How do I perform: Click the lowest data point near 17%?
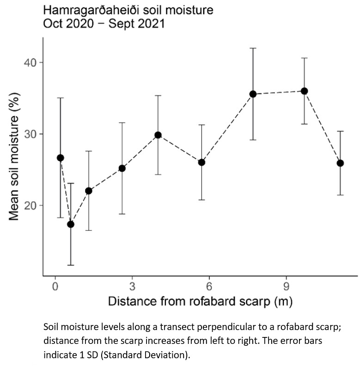click(71, 224)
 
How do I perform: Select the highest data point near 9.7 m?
click(304, 91)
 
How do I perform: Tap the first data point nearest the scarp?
click(60, 158)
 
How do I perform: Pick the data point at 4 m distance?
click(158, 135)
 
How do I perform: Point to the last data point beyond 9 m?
click(340, 163)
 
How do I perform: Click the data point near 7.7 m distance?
click(253, 94)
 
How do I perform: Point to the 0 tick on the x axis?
click(55, 286)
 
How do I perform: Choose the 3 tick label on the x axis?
click(132, 286)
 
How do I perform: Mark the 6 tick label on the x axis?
click(209, 286)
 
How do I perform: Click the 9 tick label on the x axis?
click(286, 286)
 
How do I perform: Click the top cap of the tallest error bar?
click(253, 48)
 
